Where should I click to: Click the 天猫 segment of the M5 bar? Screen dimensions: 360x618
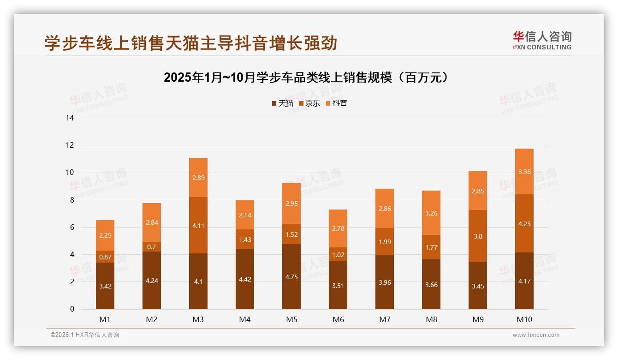pos(291,276)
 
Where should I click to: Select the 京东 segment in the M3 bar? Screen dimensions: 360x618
pos(198,225)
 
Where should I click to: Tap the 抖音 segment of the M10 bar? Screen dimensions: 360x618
pos(524,172)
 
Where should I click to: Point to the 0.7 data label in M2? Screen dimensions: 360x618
pos(152,247)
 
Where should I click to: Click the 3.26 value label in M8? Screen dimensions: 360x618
pos(431,213)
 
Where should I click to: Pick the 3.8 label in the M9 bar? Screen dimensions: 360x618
pos(478,236)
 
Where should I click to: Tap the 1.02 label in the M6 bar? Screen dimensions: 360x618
pos(338,254)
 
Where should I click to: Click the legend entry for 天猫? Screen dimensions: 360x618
pos(282,103)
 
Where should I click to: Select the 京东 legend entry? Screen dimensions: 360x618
pos(309,103)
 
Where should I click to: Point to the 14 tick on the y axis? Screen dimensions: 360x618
pos(70,118)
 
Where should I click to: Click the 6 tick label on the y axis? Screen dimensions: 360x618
pos(72,227)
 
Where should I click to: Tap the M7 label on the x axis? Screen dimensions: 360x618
pos(385,319)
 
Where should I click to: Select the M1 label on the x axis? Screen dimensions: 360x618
pos(105,319)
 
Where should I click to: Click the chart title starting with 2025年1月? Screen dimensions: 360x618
pos(306,78)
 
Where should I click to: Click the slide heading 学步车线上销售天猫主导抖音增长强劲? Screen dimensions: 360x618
pos(191,43)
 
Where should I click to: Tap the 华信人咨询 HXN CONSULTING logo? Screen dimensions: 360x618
pos(542,40)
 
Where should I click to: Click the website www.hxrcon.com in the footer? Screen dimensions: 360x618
pos(536,335)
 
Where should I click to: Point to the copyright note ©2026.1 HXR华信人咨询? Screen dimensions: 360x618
pos(85,335)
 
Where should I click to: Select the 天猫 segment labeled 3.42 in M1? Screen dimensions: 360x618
pos(105,286)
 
